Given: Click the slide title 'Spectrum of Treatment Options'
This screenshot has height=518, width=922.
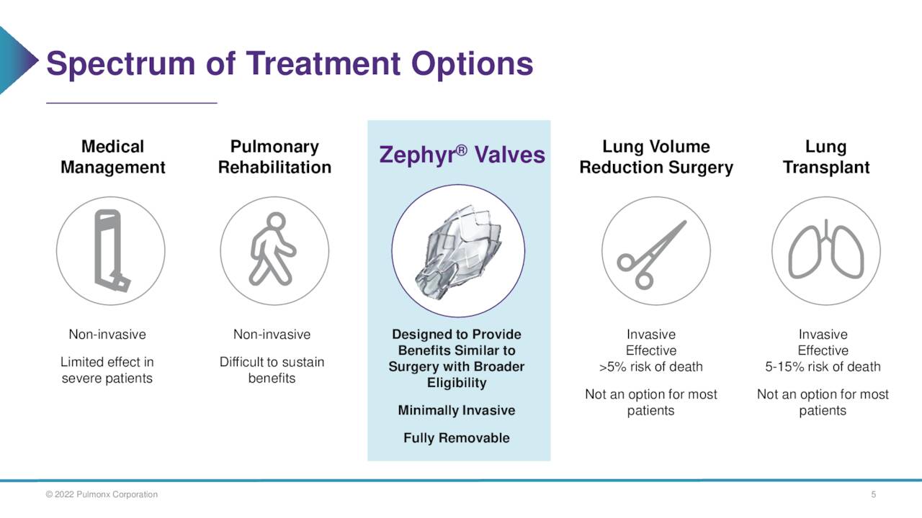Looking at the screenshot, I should (x=290, y=64).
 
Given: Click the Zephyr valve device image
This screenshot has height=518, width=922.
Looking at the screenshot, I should (x=458, y=250).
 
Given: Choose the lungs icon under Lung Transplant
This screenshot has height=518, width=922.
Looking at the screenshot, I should (x=825, y=250).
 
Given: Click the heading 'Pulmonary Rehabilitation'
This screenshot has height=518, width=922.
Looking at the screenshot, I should (x=274, y=157).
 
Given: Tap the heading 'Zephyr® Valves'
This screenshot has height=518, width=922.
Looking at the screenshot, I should (x=462, y=155).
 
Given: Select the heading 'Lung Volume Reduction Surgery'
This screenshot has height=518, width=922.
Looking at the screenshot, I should (x=655, y=157).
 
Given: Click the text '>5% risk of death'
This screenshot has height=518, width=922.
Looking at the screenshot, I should (x=650, y=366).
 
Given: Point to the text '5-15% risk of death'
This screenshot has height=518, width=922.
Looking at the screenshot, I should (x=823, y=366).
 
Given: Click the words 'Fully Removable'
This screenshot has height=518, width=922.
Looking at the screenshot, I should (x=456, y=437).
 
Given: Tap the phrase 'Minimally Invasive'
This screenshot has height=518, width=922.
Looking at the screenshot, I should (x=456, y=410).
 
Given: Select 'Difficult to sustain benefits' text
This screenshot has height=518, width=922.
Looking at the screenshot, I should (x=272, y=370).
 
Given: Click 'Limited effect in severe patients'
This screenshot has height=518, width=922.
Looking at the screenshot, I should (x=107, y=370).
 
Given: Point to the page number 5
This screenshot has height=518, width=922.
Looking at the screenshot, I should (x=873, y=494).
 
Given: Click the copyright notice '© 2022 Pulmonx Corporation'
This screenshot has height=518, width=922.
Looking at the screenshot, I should (x=102, y=494).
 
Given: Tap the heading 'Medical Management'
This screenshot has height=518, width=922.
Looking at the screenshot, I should (x=112, y=157).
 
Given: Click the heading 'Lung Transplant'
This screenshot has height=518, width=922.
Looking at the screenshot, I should (x=825, y=157).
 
